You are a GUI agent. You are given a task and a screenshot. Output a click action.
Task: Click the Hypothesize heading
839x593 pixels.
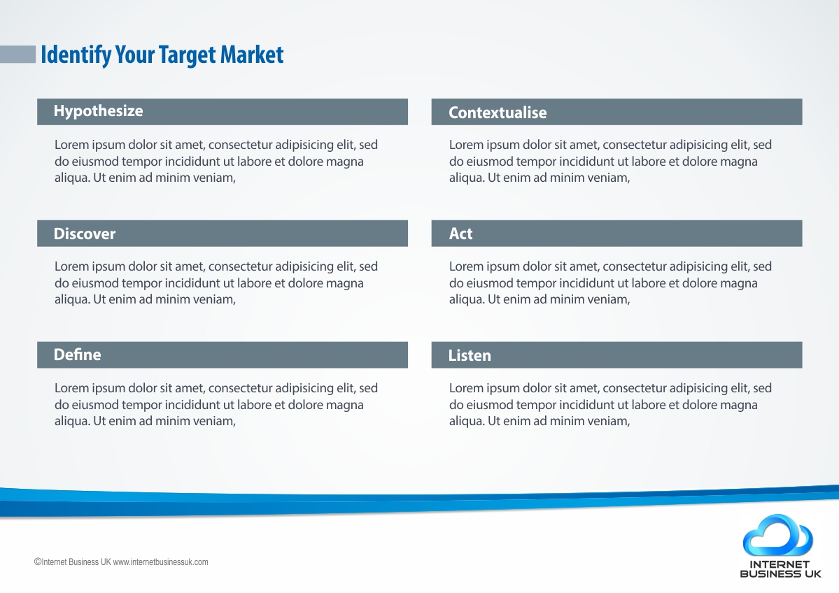(99, 111)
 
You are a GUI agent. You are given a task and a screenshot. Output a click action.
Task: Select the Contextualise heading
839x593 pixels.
(498, 113)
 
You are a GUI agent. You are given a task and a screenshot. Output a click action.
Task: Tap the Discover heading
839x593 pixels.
(85, 234)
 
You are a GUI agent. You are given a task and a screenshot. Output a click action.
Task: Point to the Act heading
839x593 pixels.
(460, 234)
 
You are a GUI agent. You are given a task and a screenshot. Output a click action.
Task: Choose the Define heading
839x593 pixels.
(77, 355)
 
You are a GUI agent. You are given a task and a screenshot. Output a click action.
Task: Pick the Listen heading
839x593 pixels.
(470, 355)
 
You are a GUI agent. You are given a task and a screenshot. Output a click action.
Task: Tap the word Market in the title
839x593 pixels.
(251, 55)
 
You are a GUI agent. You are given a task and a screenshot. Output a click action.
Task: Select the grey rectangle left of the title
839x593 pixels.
(17, 55)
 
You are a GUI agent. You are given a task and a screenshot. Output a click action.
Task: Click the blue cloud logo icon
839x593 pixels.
(778, 535)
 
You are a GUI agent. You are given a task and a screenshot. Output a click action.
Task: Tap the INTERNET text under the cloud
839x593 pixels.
(780, 564)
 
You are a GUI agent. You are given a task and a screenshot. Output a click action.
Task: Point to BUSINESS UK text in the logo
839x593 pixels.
(780, 573)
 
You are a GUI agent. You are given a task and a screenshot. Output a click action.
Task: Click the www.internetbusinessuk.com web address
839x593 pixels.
(160, 562)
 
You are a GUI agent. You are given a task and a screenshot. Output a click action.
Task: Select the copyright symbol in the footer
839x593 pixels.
(38, 562)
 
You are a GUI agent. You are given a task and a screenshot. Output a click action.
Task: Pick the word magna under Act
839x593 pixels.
(738, 283)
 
